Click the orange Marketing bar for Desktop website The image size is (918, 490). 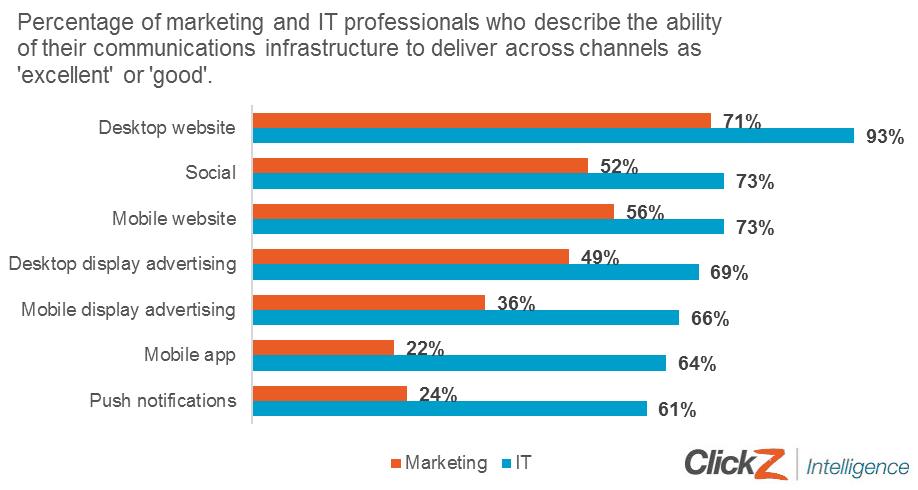[481, 120]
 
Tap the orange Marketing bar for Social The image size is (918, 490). [420, 165]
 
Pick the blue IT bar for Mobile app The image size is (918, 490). [458, 363]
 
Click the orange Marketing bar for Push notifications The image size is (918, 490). [329, 393]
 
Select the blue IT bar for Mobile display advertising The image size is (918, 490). [465, 318]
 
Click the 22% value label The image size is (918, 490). [425, 348]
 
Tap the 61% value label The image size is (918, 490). [676, 409]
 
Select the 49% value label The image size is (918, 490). [600, 257]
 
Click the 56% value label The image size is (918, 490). [645, 212]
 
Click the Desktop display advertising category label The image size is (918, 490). [122, 264]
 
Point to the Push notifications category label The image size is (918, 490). [163, 401]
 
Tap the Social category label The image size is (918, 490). [211, 172]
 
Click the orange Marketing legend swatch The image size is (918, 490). [395, 464]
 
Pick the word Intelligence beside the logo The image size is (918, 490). [858, 466]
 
